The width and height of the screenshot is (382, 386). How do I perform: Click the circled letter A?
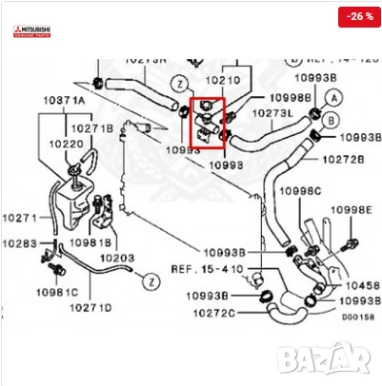click(x=332, y=97)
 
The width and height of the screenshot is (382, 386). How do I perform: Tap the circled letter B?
click(x=332, y=120)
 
